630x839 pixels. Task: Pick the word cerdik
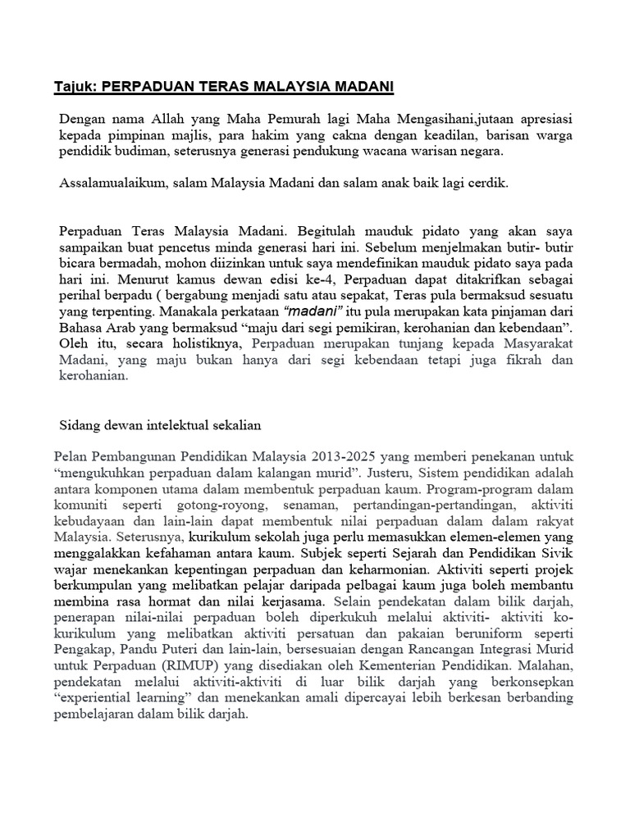click(x=489, y=184)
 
